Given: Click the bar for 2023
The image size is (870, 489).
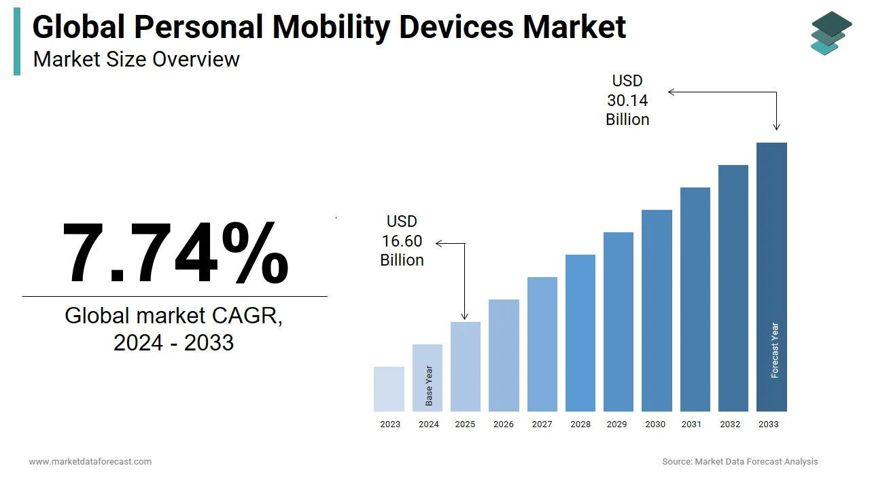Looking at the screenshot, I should coord(389,389).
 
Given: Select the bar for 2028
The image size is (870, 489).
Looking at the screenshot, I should coord(580,333).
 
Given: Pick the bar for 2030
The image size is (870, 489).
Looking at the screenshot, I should coord(657,310).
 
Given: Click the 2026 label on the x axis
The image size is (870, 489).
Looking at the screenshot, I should coord(504,424).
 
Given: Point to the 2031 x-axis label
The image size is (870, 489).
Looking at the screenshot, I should coord(691,424).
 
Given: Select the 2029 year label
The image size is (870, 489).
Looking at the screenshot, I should coord(616,424).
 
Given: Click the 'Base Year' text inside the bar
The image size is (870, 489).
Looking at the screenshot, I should coord(429,386).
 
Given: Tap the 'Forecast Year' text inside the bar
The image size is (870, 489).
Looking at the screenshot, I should coord(775,350).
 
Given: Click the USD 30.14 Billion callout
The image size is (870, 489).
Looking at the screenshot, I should coord(627,101).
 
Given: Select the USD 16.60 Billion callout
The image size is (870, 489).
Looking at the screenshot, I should coord(402,241).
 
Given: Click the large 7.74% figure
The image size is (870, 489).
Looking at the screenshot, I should coord(175,252).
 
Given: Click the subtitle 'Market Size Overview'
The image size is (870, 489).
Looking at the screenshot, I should coord(137,59).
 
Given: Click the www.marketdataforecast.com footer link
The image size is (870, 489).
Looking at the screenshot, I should coord(90,462).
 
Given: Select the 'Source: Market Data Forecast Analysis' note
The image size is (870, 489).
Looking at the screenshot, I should coord(740,462).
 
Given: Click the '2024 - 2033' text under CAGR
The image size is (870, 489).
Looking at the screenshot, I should coord(173,342).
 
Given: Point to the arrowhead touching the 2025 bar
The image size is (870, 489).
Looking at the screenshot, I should coord(465,316).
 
